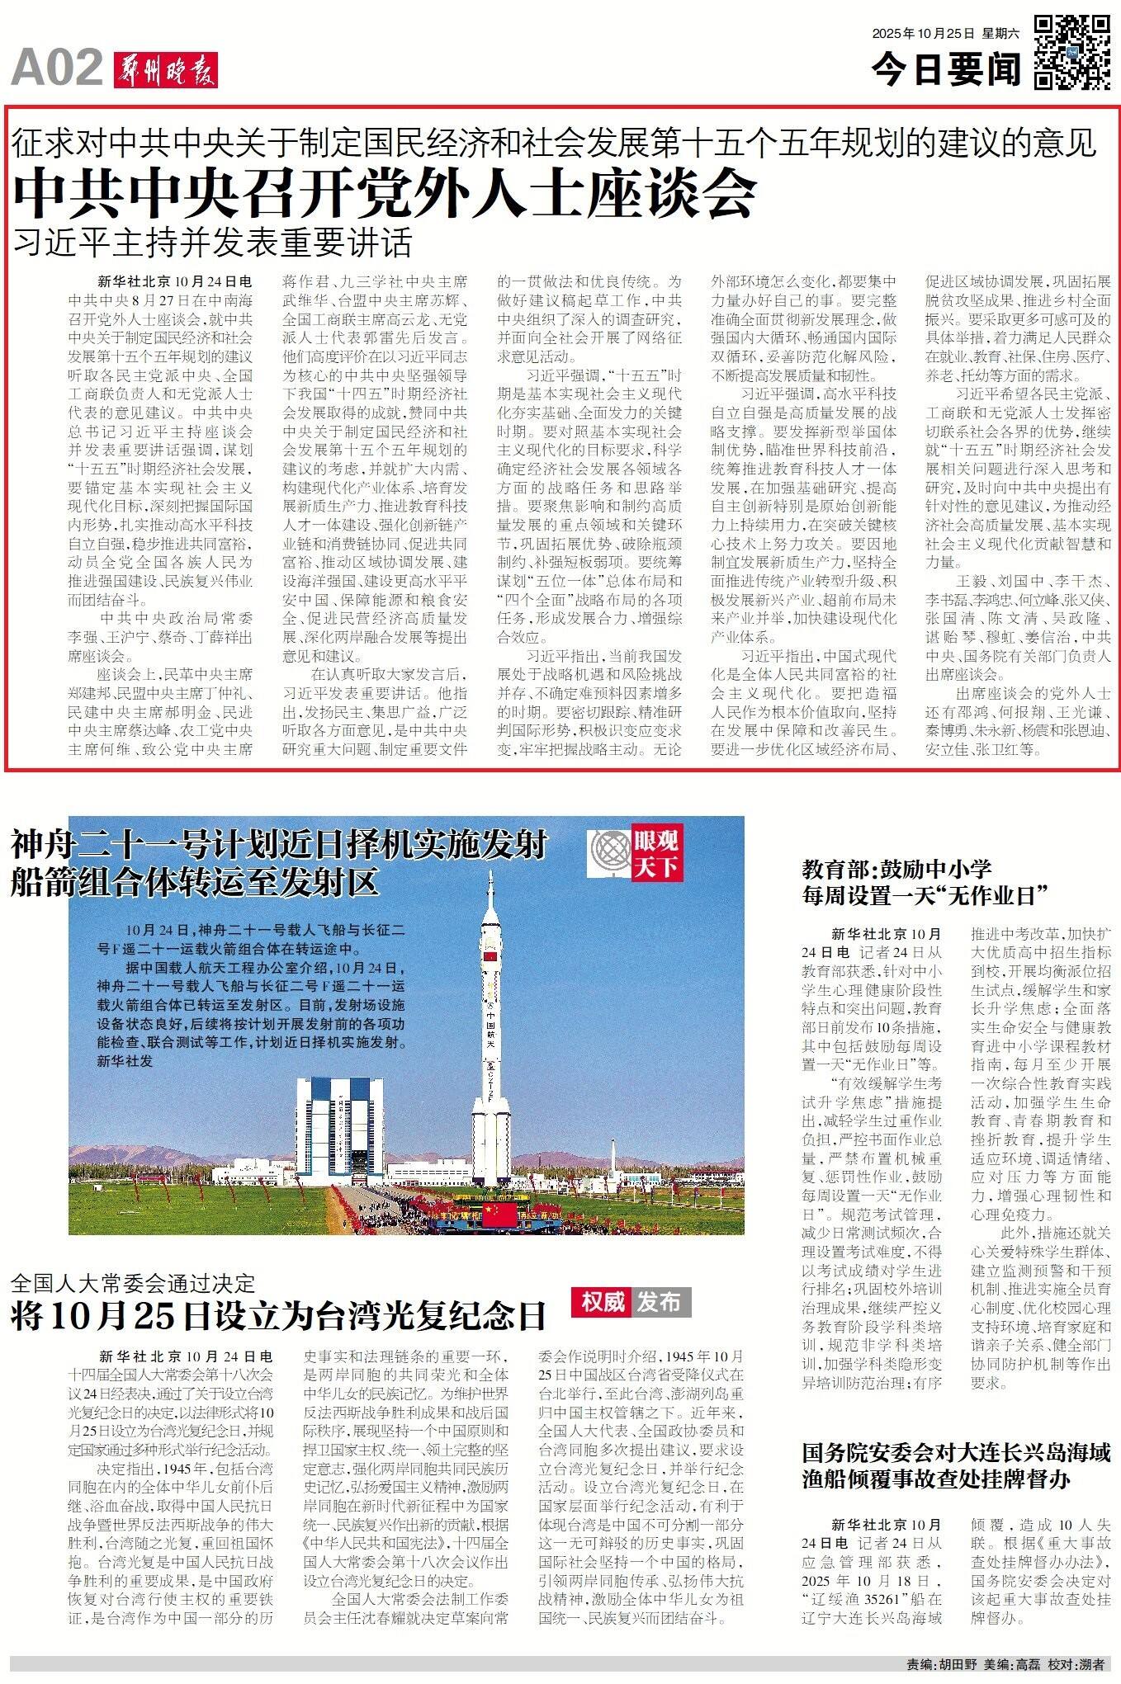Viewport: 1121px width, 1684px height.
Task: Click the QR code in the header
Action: (x=1071, y=51)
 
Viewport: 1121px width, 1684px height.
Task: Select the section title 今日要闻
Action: (x=946, y=69)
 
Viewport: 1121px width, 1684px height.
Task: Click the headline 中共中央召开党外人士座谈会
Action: (x=384, y=191)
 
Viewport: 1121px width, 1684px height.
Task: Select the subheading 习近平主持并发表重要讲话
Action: (x=212, y=242)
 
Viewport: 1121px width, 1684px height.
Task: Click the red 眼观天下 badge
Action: (x=656, y=853)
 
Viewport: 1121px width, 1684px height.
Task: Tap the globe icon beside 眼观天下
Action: (x=608, y=853)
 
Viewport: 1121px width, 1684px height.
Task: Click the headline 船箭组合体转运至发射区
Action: (x=195, y=882)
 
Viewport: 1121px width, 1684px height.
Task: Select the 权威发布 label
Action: (x=631, y=1302)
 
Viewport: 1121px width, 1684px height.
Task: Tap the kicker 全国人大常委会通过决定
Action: (x=134, y=1283)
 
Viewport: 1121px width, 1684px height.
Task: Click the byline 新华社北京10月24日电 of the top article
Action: (x=174, y=281)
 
